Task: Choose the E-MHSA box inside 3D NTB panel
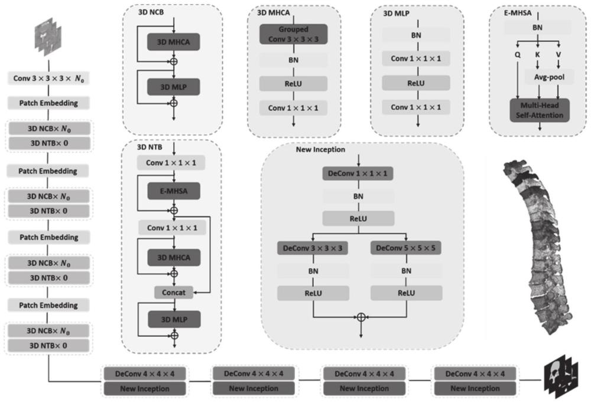[x=174, y=191]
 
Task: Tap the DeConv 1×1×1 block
[x=358, y=173]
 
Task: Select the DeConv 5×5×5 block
[x=405, y=249]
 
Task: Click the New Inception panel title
[x=320, y=150]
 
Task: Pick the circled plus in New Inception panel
[x=361, y=317]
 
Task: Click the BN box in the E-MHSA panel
[x=537, y=27]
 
